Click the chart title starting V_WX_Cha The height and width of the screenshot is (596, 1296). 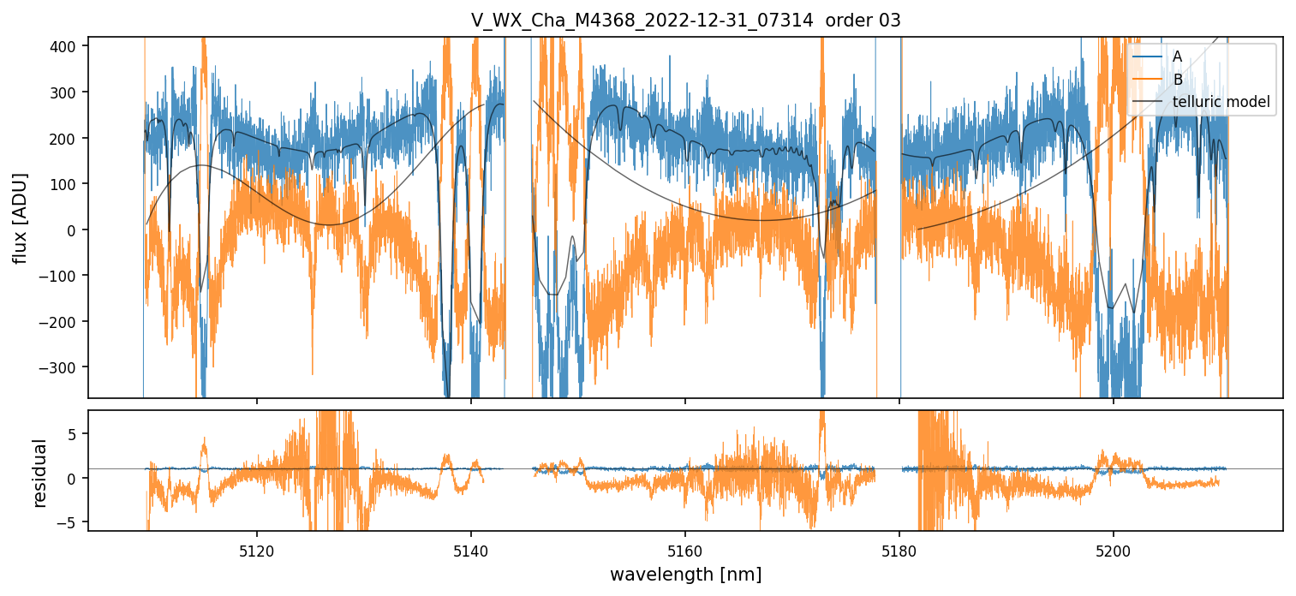pos(685,21)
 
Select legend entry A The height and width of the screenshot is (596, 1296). pos(1177,57)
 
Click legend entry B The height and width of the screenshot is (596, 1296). pos(1177,80)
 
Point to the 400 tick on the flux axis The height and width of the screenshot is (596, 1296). pos(68,46)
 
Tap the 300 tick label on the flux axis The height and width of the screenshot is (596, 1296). pos(68,92)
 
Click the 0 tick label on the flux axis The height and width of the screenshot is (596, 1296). pos(76,229)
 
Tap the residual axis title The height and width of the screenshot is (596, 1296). pos(39,473)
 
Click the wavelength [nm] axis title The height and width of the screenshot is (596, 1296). pos(685,574)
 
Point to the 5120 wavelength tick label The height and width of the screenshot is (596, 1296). pos(257,552)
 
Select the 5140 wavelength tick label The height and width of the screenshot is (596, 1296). pos(471,552)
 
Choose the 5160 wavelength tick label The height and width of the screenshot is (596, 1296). pos(685,552)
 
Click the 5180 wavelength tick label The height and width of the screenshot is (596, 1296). pos(899,552)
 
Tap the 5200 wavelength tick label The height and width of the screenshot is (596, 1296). pos(1113,552)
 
